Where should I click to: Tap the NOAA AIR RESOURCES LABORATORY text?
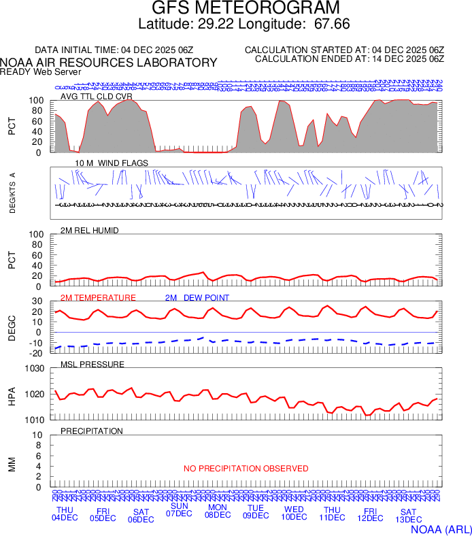[109, 63]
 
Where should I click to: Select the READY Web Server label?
[41, 71]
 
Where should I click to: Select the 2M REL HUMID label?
[90, 231]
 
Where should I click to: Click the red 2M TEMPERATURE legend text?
[98, 298]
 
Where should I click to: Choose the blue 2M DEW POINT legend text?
[197, 298]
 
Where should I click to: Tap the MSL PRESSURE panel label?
[92, 365]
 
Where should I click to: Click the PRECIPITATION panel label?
[92, 431]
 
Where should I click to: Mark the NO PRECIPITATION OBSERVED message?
[246, 469]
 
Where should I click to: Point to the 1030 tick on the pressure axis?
[33, 369]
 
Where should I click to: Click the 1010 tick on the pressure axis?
[33, 420]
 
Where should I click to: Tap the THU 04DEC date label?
[65, 514]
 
